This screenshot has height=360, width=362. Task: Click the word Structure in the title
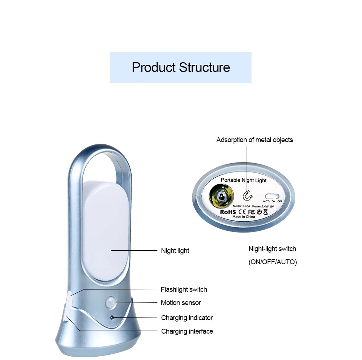204,67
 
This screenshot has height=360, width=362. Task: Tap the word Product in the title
154,67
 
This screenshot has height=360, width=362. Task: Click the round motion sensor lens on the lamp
111,302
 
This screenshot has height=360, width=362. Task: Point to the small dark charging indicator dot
112,317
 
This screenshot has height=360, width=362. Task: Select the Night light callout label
175,251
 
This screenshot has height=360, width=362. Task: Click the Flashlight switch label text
184,290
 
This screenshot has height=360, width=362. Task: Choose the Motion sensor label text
181,303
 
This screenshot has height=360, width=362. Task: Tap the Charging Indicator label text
187,318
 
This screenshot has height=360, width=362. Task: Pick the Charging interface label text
187,331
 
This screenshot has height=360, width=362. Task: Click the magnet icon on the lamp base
247,195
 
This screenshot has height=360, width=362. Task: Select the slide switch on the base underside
272,196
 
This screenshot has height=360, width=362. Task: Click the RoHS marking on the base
228,212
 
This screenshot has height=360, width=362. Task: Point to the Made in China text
243,217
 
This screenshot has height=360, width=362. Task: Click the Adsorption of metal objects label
255,140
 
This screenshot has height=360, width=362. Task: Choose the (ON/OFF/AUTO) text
273,262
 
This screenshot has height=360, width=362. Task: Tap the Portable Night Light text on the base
244,180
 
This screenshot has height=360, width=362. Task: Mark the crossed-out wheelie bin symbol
265,212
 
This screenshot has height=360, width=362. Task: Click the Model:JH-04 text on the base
241,206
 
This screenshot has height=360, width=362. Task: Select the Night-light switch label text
272,249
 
